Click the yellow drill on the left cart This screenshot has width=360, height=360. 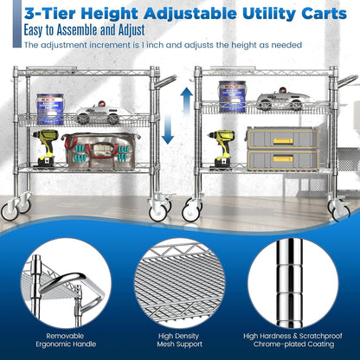[46, 150]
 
